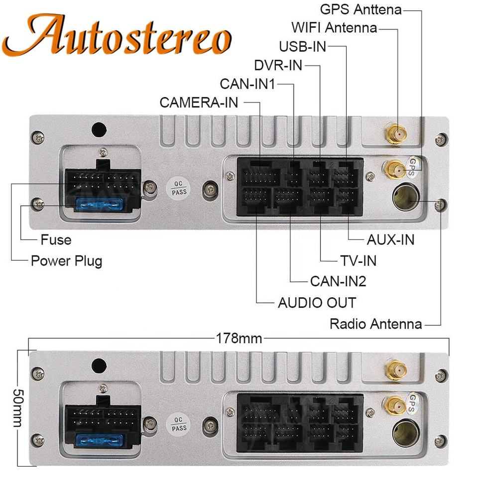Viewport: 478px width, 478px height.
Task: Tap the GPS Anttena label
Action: click(x=360, y=9)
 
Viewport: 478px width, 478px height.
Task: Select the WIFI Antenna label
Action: click(x=334, y=27)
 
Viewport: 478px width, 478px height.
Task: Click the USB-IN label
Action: click(x=302, y=46)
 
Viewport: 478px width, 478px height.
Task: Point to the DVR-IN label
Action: click(x=278, y=65)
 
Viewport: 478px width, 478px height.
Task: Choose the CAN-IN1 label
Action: click(x=247, y=84)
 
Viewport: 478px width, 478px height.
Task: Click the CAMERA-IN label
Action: click(x=199, y=103)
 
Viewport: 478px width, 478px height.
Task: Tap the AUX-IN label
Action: click(x=390, y=239)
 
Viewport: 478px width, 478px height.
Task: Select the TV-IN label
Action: click(x=358, y=260)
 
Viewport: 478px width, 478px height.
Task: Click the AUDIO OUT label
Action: click(x=317, y=302)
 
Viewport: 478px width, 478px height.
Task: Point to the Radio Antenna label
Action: click(x=375, y=324)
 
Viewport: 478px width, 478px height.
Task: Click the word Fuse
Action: click(x=56, y=239)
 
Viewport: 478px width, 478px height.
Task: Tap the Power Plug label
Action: click(x=66, y=260)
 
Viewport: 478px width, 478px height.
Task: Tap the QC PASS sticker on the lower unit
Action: click(x=179, y=424)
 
